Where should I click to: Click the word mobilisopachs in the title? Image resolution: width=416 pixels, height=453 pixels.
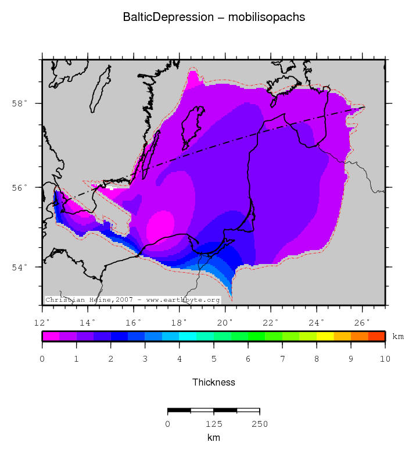point(267,17)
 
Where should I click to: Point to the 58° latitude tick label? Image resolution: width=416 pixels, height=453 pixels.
point(20,104)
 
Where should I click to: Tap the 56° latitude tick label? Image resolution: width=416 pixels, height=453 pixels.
point(20,188)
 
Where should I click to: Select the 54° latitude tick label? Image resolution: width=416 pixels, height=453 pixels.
point(20,267)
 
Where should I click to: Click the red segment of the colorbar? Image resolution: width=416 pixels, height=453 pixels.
point(376,336)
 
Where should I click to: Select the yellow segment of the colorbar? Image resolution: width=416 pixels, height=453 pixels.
point(325,336)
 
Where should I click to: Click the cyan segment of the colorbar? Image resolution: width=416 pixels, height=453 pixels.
point(188,336)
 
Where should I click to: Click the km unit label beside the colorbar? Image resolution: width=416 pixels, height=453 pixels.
point(398,337)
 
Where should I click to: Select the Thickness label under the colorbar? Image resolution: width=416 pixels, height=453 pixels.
point(214,382)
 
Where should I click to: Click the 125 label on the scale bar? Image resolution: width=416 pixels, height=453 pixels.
point(214,424)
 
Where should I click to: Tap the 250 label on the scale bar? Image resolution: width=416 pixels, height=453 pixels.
point(260,424)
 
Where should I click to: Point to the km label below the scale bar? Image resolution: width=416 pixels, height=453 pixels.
point(214,437)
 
